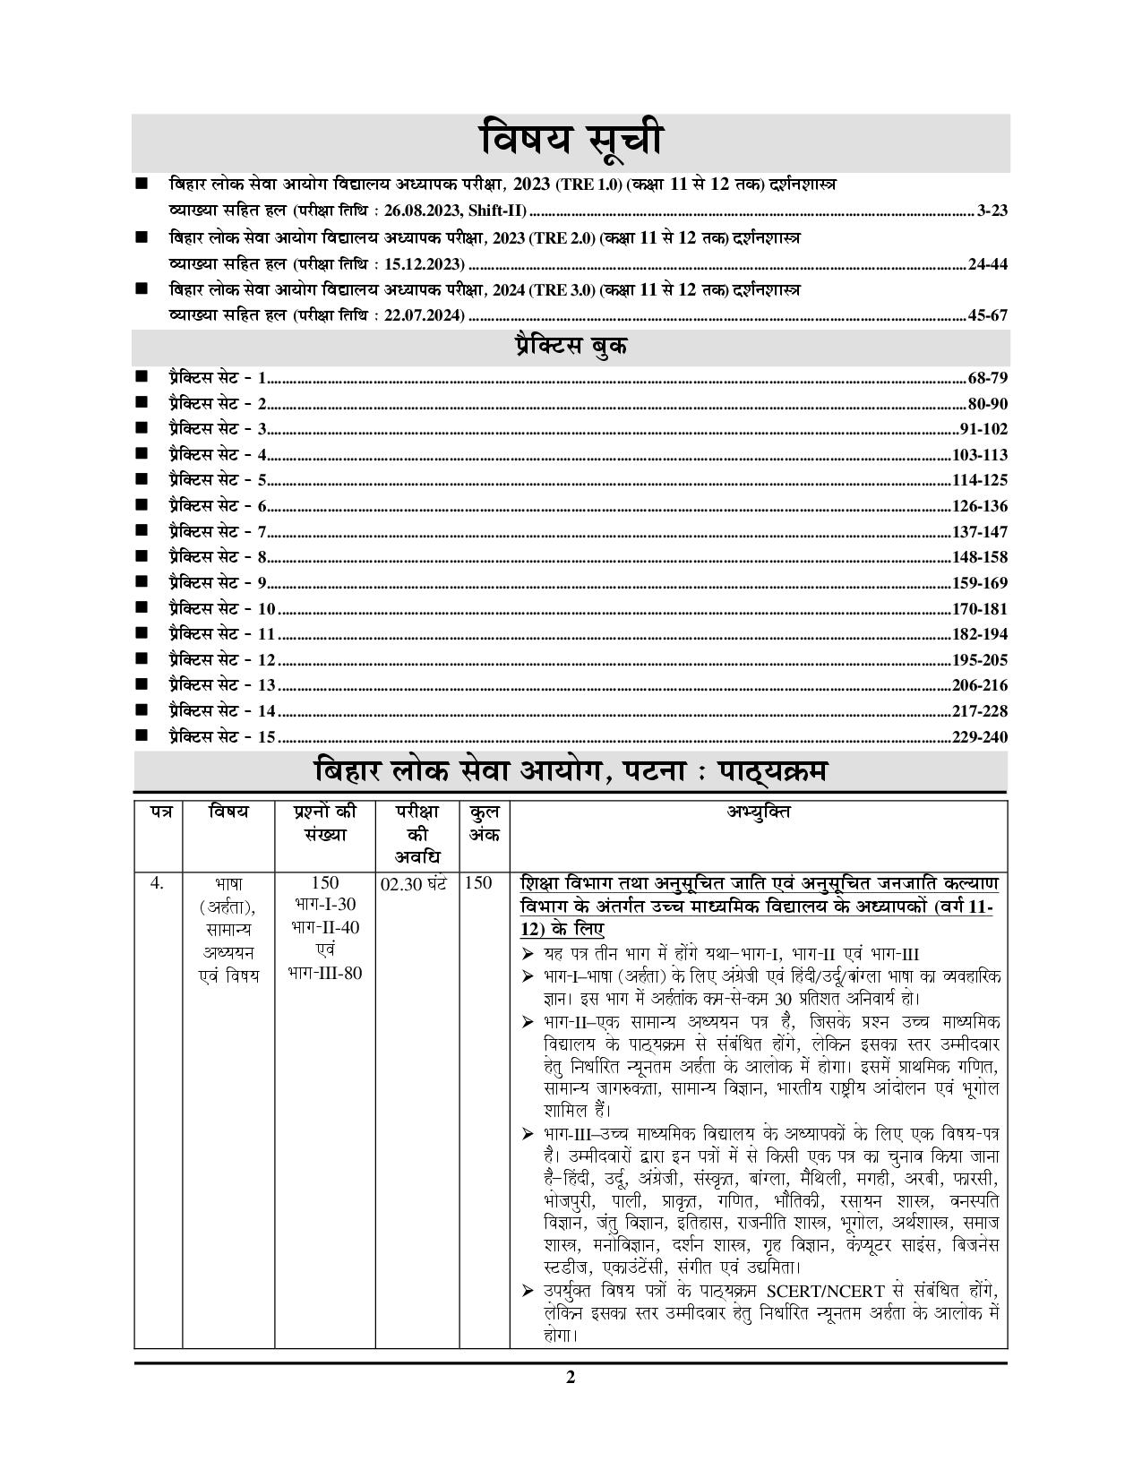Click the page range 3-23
tap(992, 211)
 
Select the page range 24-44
tap(988, 264)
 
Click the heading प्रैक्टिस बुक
tap(571, 347)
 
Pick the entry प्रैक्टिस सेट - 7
tap(218, 532)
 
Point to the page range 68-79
tap(988, 378)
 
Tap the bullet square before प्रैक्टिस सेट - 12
tap(141, 659)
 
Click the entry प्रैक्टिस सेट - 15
tap(221, 737)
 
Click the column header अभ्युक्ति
tap(758, 812)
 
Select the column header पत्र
tap(159, 812)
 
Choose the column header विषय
tap(228, 812)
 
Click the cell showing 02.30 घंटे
tap(414, 884)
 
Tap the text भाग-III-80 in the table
tap(325, 973)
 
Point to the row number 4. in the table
tap(158, 884)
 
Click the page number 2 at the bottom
tap(571, 1378)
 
